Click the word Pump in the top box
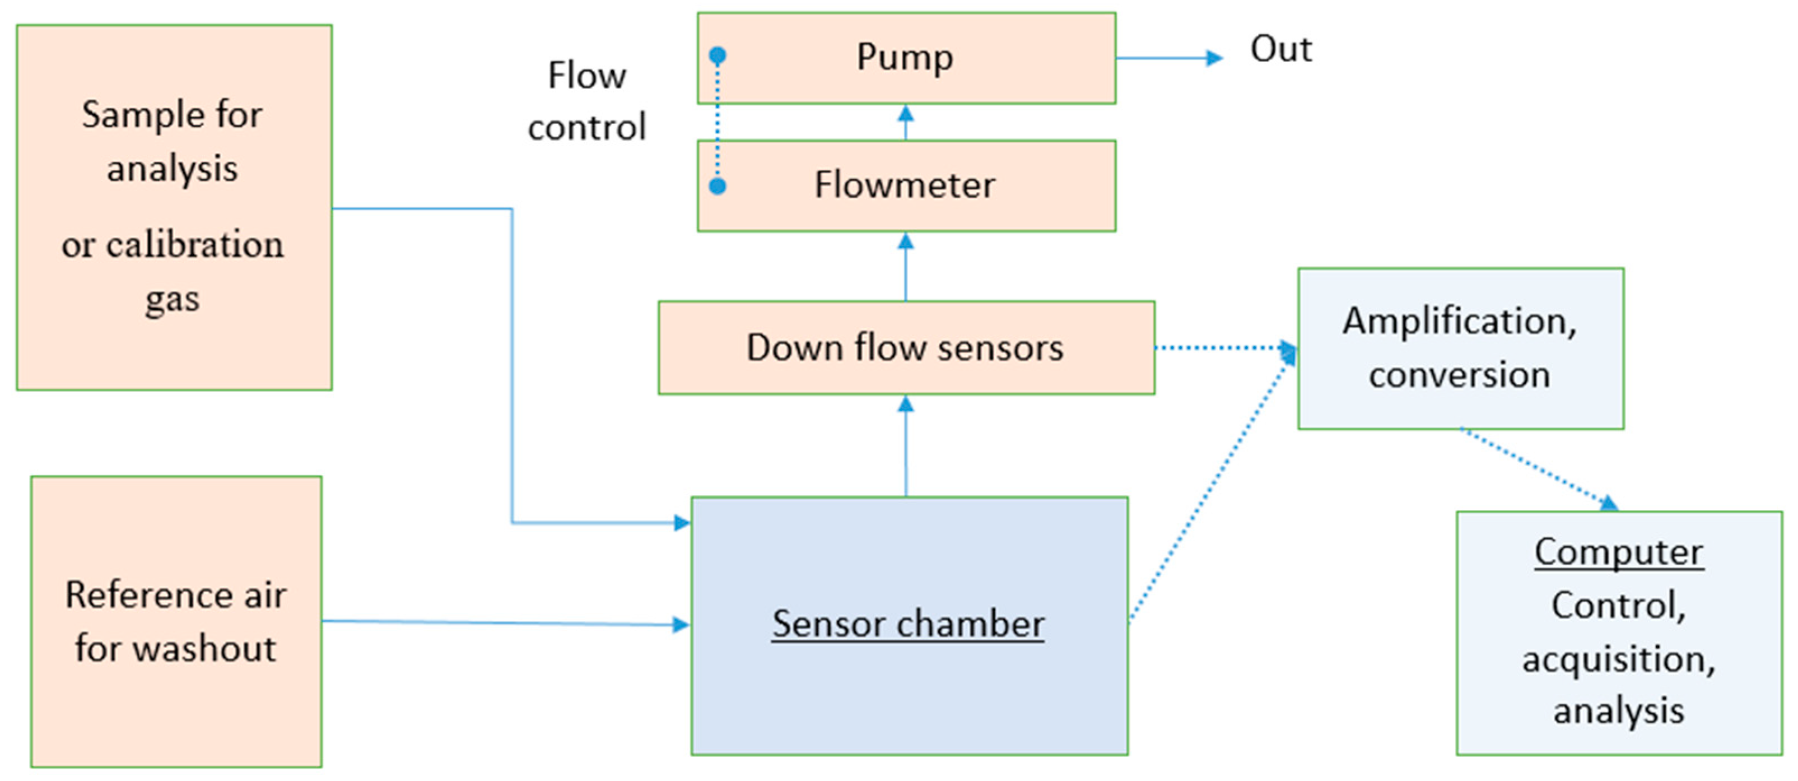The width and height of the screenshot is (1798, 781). coord(905,57)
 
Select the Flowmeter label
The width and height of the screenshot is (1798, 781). coord(905,185)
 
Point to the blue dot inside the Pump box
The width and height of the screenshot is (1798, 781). coord(718,54)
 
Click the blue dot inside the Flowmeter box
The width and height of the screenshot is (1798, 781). coord(718,187)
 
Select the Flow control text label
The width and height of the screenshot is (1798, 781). coord(586,101)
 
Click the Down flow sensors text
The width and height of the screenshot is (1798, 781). coord(905,347)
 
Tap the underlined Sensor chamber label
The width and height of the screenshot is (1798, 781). coord(907,623)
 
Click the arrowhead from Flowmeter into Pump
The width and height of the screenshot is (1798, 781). coord(906,113)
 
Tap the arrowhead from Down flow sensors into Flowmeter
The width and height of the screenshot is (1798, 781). coord(906,241)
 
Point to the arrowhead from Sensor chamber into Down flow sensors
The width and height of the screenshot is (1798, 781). coord(906,404)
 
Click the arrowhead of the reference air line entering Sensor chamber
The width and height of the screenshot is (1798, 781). coord(681,625)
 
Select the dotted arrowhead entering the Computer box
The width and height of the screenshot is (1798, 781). coord(1608,503)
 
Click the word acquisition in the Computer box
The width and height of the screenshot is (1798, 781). coord(1619,659)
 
